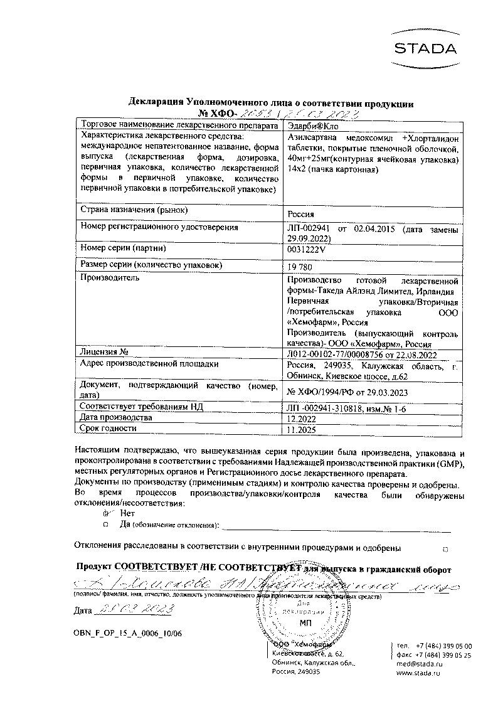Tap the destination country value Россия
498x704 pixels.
point(300,213)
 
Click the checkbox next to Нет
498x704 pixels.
point(106,513)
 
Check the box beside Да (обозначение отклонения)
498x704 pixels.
point(106,524)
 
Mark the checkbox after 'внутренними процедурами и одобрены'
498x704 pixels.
point(445,549)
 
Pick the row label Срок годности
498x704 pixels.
point(109,428)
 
